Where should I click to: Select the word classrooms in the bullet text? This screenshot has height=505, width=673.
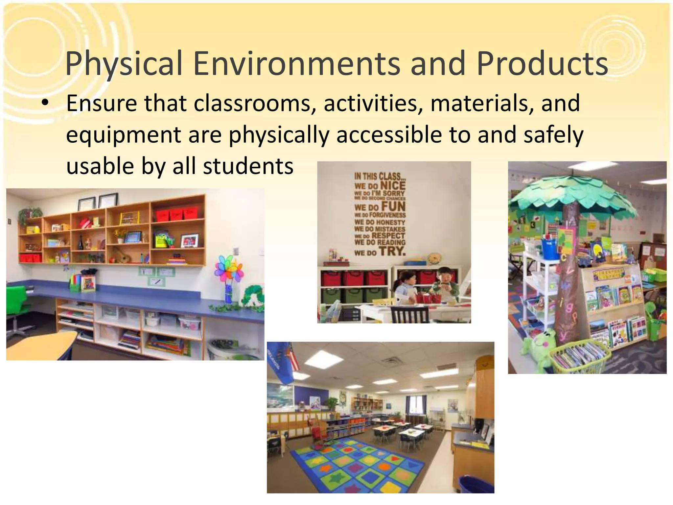coord(252,103)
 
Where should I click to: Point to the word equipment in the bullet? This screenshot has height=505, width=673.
coord(124,135)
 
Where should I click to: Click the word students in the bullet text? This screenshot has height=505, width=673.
coord(248,166)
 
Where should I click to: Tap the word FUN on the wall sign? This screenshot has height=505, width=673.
coord(393,207)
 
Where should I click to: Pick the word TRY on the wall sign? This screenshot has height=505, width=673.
coord(392,252)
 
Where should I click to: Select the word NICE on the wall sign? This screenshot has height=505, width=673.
coord(393,185)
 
